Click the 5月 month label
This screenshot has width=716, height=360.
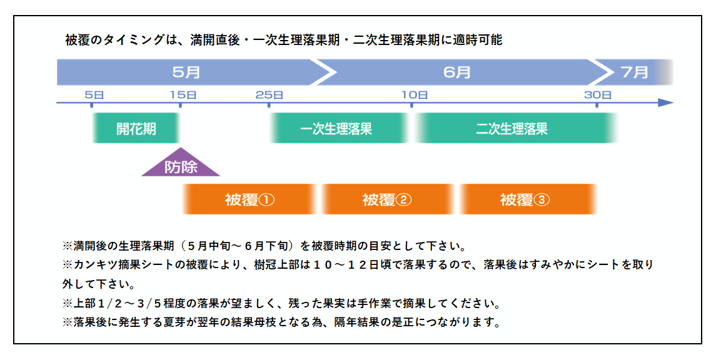(x=186, y=72)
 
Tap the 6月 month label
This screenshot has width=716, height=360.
(x=457, y=72)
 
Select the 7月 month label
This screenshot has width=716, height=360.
(x=635, y=72)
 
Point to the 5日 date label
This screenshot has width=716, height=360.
(x=94, y=95)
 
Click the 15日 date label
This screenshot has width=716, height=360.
(x=183, y=95)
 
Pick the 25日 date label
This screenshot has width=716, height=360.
(x=269, y=95)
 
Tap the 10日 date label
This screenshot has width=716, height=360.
(x=415, y=95)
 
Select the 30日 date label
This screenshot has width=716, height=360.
(x=598, y=95)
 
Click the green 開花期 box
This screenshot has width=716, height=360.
(x=136, y=128)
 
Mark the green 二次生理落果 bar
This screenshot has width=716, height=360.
(x=515, y=128)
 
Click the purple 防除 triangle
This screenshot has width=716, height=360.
(x=181, y=165)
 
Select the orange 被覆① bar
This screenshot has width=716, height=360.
(x=250, y=199)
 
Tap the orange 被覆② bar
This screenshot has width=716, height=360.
(x=388, y=199)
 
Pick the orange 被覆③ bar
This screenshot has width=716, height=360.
(x=527, y=199)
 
